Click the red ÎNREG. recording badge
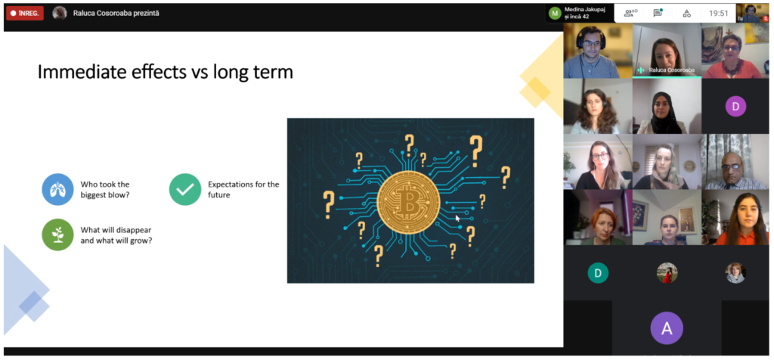[x=25, y=14]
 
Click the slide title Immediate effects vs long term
[x=166, y=72]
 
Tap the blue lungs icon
[x=57, y=189]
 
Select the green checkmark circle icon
[x=185, y=189]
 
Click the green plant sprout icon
[x=57, y=234]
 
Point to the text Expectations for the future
[x=243, y=189]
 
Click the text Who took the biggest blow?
[x=105, y=189]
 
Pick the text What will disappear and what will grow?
[x=116, y=235]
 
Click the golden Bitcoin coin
[x=408, y=201]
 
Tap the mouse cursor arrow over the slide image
[x=457, y=218]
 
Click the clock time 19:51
[x=719, y=14]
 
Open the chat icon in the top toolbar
[x=658, y=14]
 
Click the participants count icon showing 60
[x=630, y=14]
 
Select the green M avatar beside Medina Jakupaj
[x=555, y=14]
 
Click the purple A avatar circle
[x=667, y=328]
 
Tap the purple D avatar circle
[x=735, y=106]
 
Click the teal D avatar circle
[x=598, y=273]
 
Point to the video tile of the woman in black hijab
[x=667, y=106]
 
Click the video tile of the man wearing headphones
[x=598, y=51]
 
